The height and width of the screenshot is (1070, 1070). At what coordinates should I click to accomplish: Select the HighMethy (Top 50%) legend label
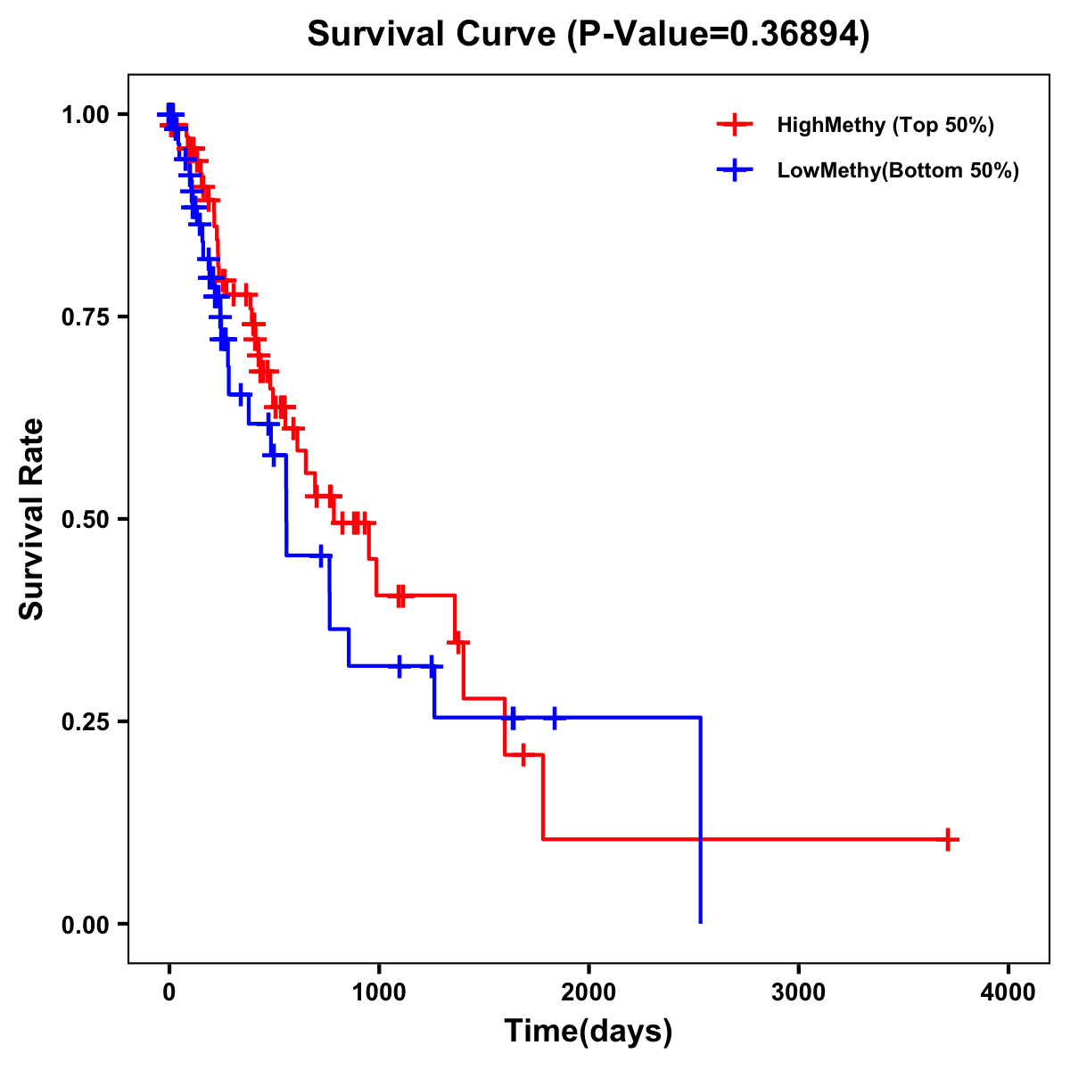click(885, 125)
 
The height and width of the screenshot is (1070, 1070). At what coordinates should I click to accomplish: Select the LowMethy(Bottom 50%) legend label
click(898, 170)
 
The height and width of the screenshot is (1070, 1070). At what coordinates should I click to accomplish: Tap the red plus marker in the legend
click(734, 125)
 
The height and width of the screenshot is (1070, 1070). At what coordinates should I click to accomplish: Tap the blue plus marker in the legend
click(734, 170)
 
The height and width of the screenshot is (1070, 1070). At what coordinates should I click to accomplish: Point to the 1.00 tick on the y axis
click(85, 114)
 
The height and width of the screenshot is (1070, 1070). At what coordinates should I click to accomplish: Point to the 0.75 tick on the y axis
click(85, 317)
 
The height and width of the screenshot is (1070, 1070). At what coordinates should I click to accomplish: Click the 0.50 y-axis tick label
click(85, 519)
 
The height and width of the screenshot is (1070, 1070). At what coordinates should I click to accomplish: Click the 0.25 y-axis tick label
click(85, 721)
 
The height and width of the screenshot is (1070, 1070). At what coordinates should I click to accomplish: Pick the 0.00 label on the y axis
click(85, 924)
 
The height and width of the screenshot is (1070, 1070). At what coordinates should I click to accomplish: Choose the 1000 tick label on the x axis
click(378, 992)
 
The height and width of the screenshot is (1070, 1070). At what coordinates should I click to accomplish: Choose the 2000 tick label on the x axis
click(588, 992)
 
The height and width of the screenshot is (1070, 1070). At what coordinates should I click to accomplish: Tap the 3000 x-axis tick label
click(798, 992)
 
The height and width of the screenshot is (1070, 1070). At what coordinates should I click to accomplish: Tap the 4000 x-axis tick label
click(1008, 992)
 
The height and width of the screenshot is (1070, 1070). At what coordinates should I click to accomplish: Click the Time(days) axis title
click(588, 1032)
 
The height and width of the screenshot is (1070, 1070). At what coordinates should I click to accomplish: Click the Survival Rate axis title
click(32, 519)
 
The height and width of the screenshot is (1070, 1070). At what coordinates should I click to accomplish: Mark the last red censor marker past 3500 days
click(949, 839)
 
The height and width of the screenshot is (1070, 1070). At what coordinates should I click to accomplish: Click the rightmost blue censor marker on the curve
click(555, 717)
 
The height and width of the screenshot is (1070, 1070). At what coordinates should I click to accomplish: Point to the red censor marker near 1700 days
click(523, 754)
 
